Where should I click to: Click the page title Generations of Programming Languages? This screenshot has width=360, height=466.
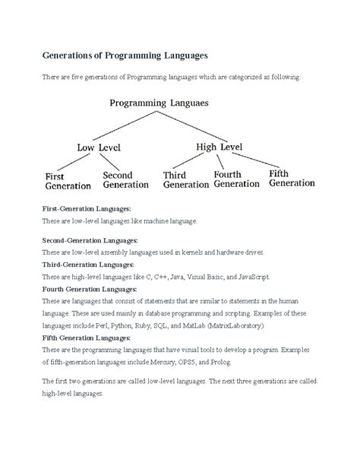(123, 57)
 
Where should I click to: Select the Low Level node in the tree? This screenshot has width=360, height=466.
(98, 146)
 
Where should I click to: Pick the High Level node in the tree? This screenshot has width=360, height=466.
(226, 144)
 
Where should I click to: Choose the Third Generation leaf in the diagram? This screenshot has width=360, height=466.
(185, 179)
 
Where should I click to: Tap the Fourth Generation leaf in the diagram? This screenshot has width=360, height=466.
(238, 179)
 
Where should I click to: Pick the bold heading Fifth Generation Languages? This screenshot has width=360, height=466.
(87, 337)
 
